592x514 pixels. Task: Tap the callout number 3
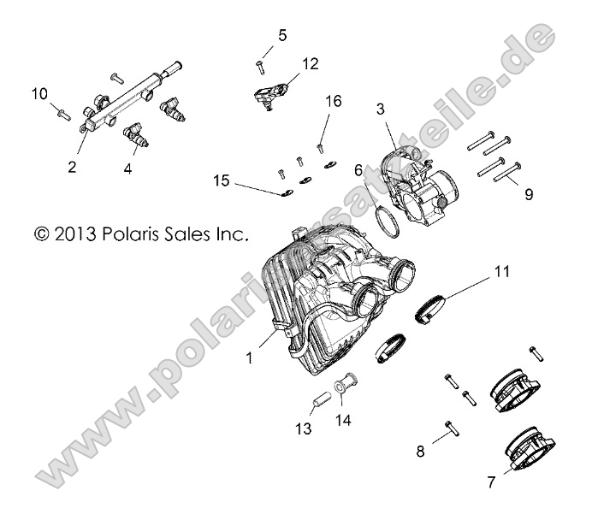pyautogui.click(x=381, y=109)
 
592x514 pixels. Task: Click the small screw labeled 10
pyautogui.click(x=62, y=109)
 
